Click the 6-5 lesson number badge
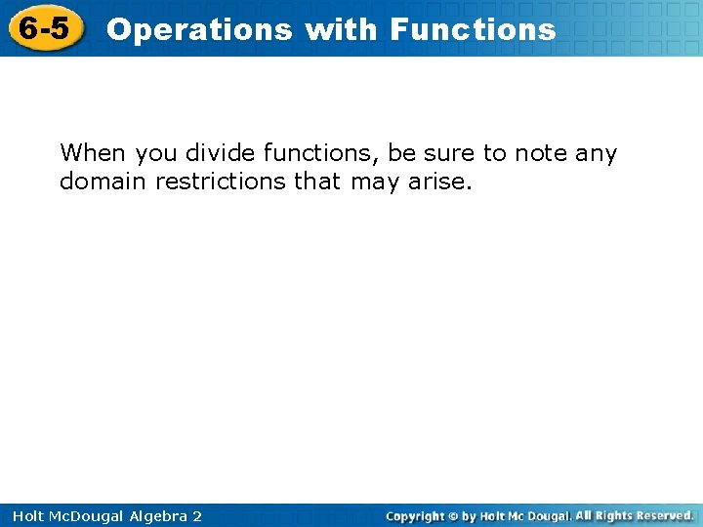[45, 29]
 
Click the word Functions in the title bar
[473, 29]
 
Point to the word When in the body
[94, 153]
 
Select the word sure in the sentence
[453, 153]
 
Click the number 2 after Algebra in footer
[197, 516]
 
